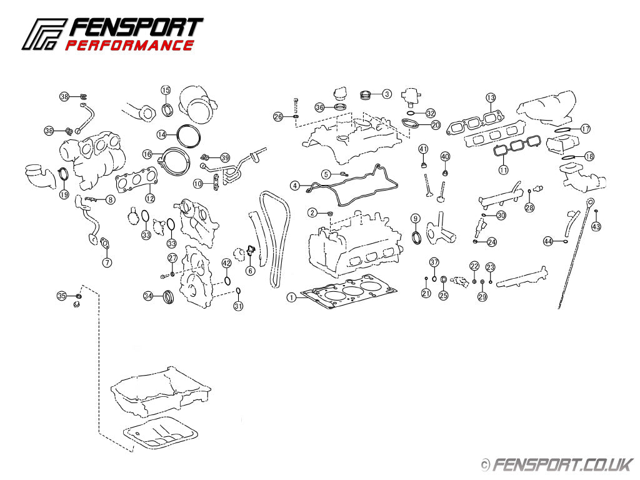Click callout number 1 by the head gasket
click(291, 297)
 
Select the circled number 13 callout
click(491, 97)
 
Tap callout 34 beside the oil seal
click(148, 296)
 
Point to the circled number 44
click(548, 241)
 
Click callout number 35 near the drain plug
click(61, 295)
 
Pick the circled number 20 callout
click(436, 125)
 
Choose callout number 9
click(415, 218)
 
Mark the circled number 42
click(227, 263)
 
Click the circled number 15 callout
click(166, 90)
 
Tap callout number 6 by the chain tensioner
click(250, 271)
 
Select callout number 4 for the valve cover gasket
click(295, 186)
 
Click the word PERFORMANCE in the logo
click(129, 45)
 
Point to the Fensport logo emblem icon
click(44, 34)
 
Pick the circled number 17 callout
click(585, 129)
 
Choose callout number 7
click(107, 262)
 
